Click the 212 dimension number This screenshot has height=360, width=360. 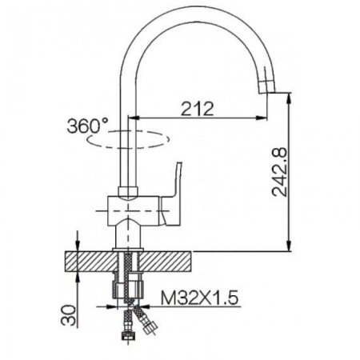point(197,109)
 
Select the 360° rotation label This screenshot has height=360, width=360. point(89,126)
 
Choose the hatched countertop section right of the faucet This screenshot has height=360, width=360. point(168,261)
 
